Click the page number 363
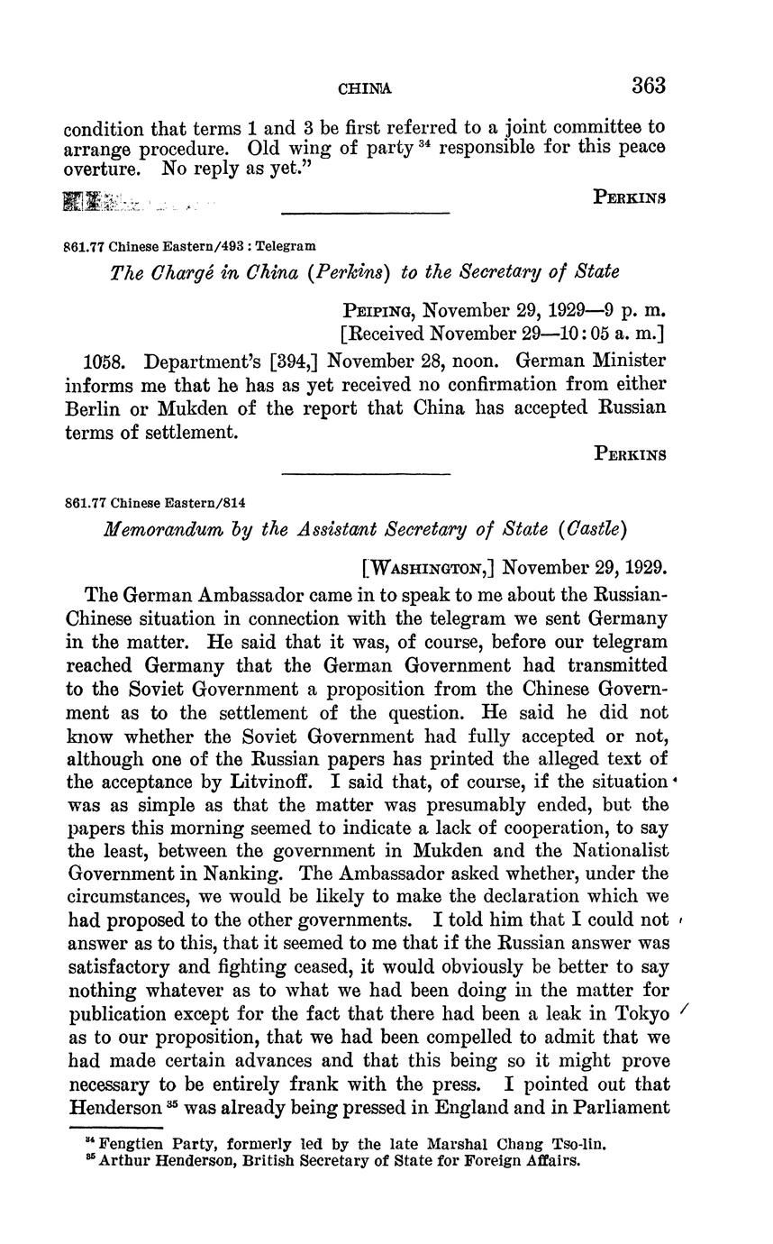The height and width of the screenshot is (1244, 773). coord(648,87)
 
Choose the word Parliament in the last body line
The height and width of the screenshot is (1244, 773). coord(615,1107)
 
